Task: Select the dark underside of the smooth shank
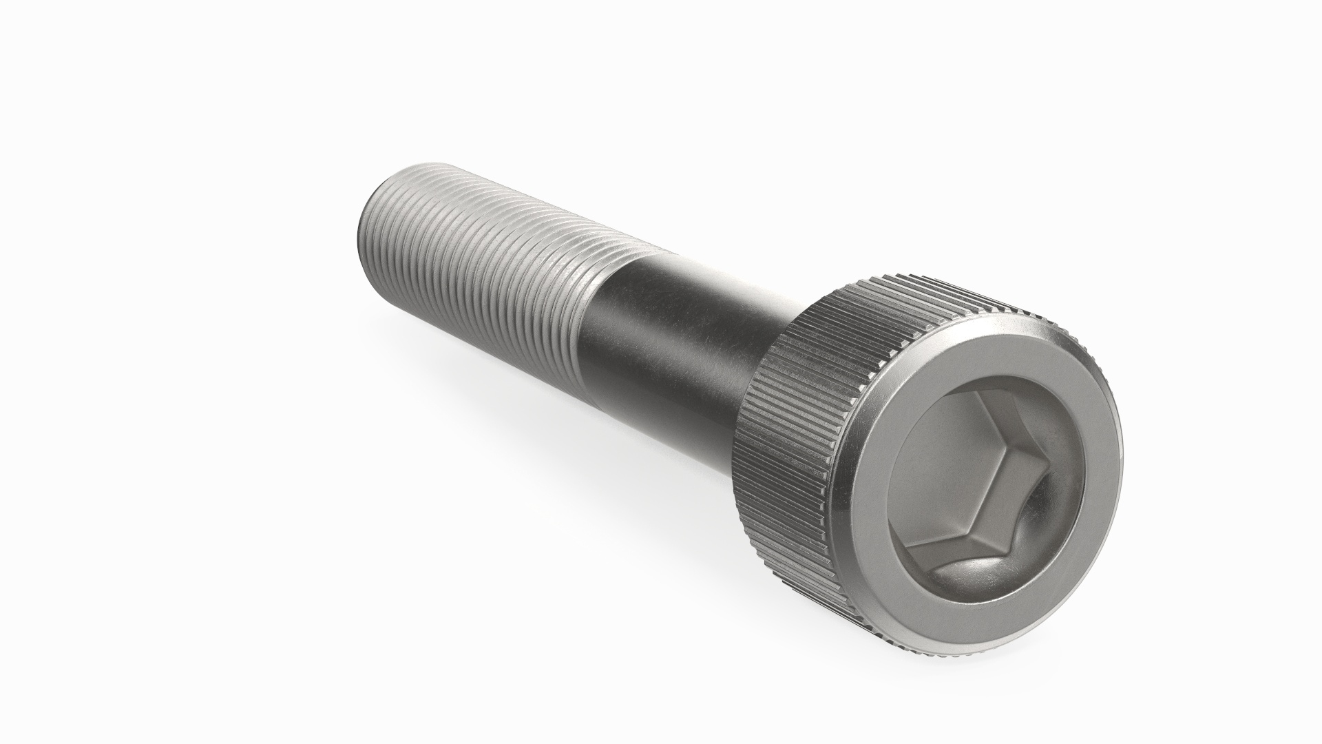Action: [661, 413]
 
